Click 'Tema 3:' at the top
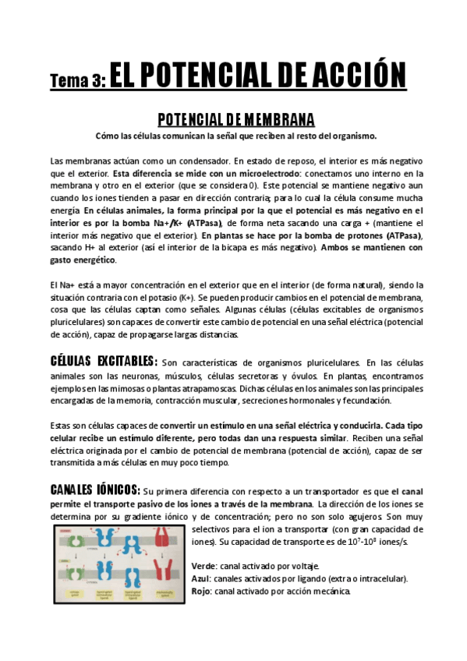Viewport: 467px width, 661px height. pyautogui.click(x=76, y=80)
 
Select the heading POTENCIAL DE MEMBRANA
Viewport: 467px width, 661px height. pyautogui.click(x=235, y=119)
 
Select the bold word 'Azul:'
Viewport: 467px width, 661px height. pyautogui.click(x=201, y=578)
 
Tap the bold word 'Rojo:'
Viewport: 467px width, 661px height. pyautogui.click(x=202, y=591)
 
